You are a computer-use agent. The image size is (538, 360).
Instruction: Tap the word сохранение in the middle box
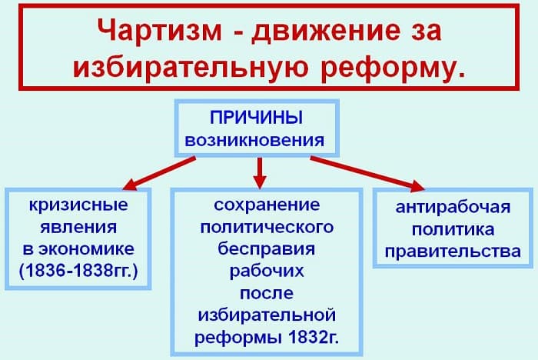[266, 206]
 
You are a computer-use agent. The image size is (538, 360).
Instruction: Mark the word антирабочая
[453, 208]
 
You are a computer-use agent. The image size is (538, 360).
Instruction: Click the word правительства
[453, 251]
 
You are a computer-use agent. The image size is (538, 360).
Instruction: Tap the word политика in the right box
[453, 229]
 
